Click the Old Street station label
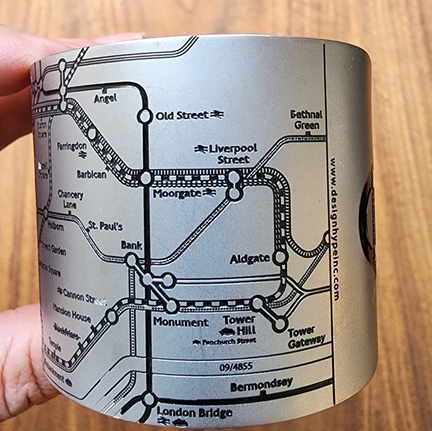pos(181,115)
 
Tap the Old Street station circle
pos(144,115)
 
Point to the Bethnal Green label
pos(307,120)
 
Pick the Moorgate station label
pos(177,194)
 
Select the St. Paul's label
pos(106,226)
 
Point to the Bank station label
pos(131,245)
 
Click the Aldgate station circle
pos(281,257)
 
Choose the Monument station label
pos(180,322)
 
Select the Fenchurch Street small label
pos(223,342)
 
